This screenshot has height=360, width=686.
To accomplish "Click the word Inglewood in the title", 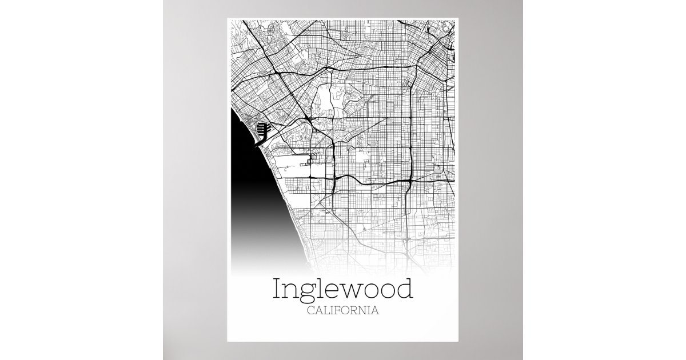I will pyautogui.click(x=343, y=290).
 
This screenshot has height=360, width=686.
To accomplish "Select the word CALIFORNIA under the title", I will pyautogui.click(x=343, y=311).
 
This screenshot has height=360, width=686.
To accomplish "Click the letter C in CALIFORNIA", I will pyautogui.click(x=310, y=311).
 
